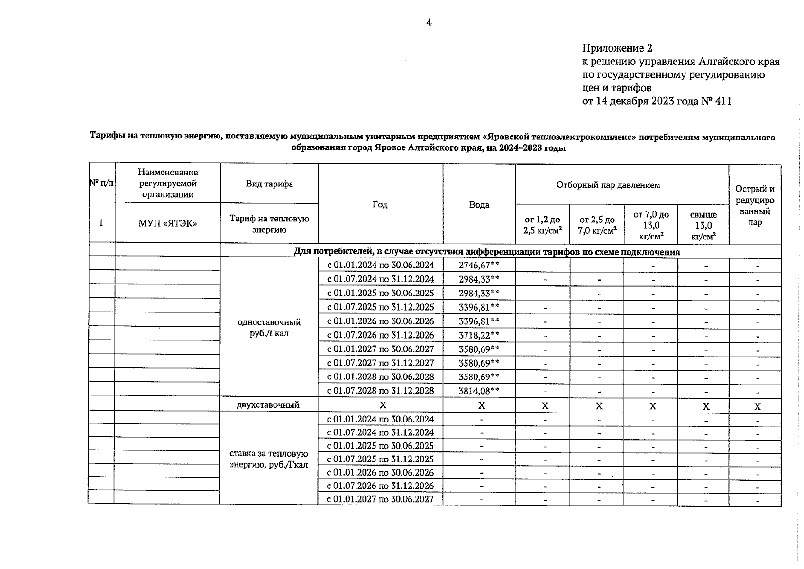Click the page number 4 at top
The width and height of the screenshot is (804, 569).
tap(429, 22)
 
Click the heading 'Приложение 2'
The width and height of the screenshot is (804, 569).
tap(617, 48)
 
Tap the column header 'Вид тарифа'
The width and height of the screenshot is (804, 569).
tap(269, 184)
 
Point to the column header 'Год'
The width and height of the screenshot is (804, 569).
tap(380, 204)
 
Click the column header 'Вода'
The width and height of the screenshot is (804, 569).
tap(479, 204)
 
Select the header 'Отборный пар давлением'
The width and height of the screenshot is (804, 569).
tap(608, 185)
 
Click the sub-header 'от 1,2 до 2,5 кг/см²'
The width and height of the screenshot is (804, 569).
tap(542, 225)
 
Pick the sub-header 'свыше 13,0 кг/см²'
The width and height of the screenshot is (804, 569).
tap(703, 225)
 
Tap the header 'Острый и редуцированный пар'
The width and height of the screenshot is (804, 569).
tap(754, 205)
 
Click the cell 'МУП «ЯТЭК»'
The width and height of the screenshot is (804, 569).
tap(167, 223)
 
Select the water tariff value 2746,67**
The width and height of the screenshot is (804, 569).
tap(479, 265)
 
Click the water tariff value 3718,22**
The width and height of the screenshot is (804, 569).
tap(479, 335)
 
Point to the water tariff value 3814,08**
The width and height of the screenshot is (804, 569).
tap(479, 391)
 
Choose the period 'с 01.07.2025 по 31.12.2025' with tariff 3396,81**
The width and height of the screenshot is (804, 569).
tap(380, 307)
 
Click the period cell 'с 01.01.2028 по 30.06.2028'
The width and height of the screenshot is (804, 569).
tap(380, 377)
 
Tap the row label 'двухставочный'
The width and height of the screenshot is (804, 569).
tap(268, 405)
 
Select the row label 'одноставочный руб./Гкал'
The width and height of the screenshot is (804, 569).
tap(269, 328)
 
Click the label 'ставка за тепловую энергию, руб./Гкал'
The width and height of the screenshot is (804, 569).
tap(269, 459)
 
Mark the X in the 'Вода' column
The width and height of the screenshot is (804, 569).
tap(481, 405)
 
